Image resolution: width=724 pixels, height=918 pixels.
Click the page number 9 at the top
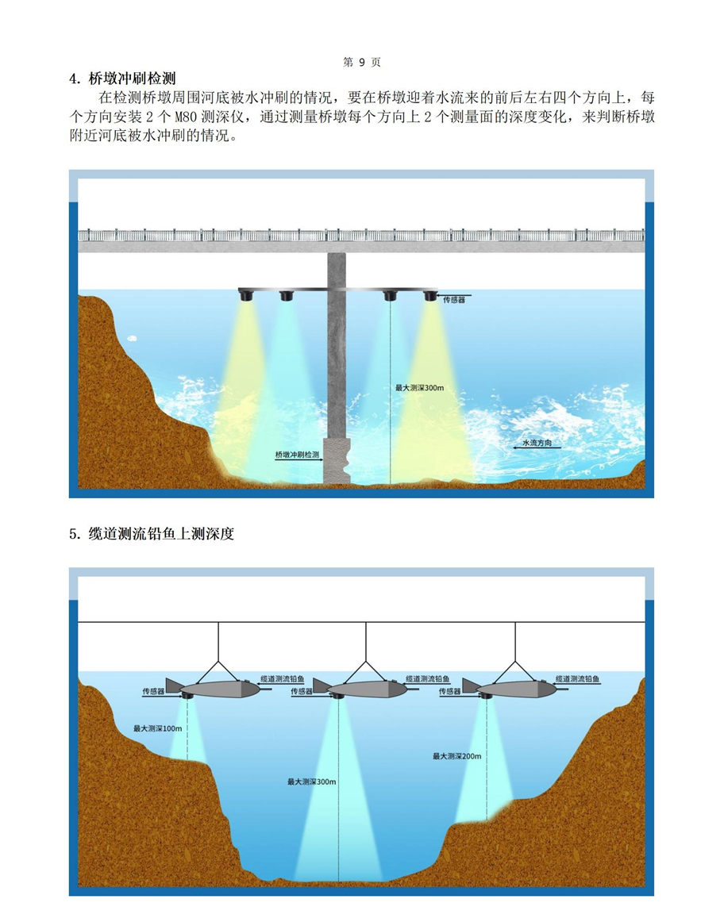click(361, 62)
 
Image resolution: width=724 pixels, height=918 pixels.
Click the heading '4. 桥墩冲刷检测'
click(122, 79)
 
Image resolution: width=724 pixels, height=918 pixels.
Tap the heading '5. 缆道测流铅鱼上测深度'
click(152, 534)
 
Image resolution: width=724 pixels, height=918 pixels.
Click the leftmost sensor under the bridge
click(246, 295)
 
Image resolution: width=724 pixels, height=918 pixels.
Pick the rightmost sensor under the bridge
click(430, 295)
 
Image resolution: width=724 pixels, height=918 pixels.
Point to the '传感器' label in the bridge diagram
click(454, 300)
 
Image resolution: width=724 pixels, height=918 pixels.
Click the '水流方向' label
click(537, 443)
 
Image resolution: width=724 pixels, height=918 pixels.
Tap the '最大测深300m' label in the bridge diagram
click(419, 388)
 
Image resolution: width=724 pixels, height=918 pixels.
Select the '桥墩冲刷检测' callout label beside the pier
click(296, 455)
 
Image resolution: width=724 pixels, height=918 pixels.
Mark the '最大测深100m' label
click(158, 728)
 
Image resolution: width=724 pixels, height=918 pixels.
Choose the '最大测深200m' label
click(456, 756)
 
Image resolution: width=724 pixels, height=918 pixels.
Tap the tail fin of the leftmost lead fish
click(173, 684)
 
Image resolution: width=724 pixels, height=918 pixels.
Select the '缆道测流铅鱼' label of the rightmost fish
click(577, 679)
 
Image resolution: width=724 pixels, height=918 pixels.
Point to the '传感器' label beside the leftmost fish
click(153, 691)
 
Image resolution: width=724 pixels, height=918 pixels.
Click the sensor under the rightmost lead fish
click(484, 697)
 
